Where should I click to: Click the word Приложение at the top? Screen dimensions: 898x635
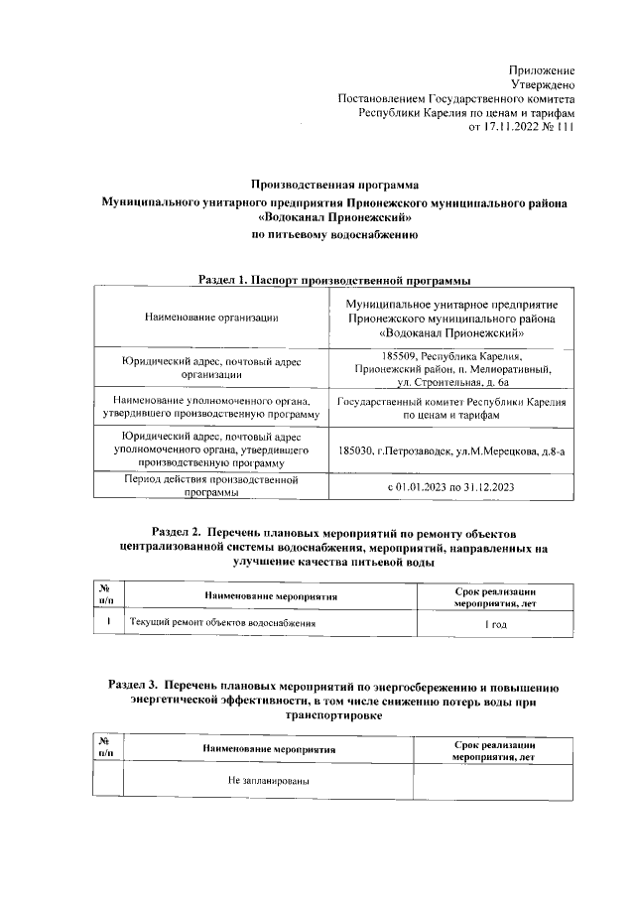point(541,70)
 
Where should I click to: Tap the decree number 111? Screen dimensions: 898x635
point(565,128)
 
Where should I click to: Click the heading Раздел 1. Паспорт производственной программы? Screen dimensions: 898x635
point(333,281)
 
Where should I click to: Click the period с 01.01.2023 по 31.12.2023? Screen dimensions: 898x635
point(451,486)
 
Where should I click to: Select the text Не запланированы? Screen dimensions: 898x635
point(268,781)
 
